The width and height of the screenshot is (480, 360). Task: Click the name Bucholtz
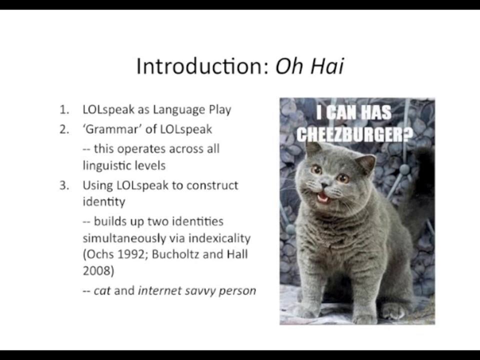coord(175,254)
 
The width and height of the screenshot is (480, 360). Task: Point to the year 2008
coord(95,270)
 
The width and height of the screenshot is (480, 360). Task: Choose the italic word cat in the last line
coord(102,290)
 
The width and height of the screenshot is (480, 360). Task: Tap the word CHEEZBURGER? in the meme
coord(356,134)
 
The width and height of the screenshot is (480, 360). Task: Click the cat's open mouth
coord(324,198)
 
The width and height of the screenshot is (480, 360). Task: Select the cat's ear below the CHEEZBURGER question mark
coord(366,163)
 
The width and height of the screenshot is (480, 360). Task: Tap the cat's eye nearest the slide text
coord(317,170)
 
